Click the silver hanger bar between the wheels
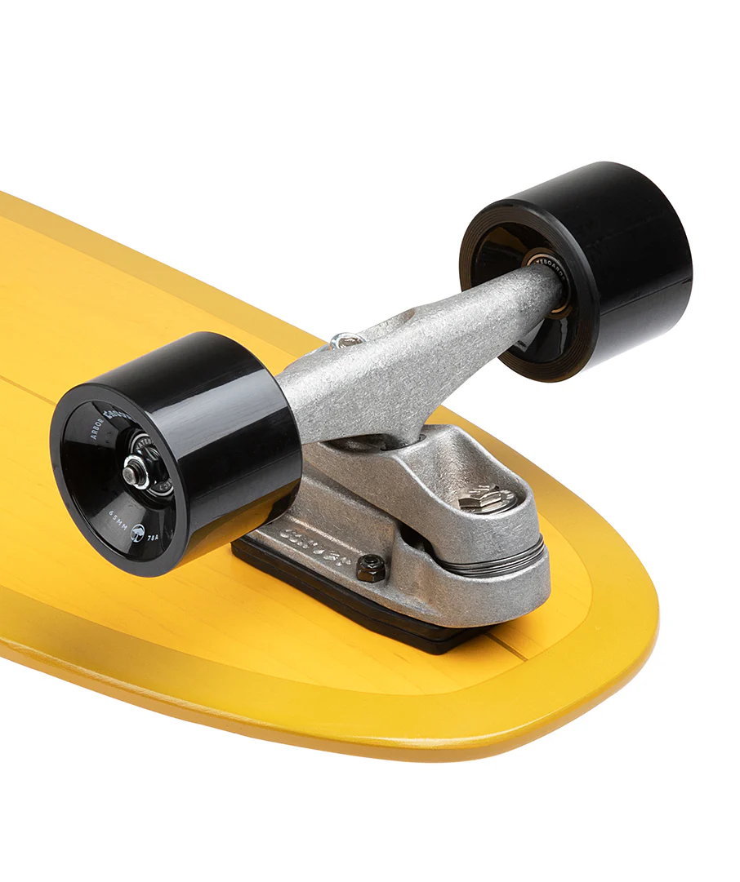coord(408,359)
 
